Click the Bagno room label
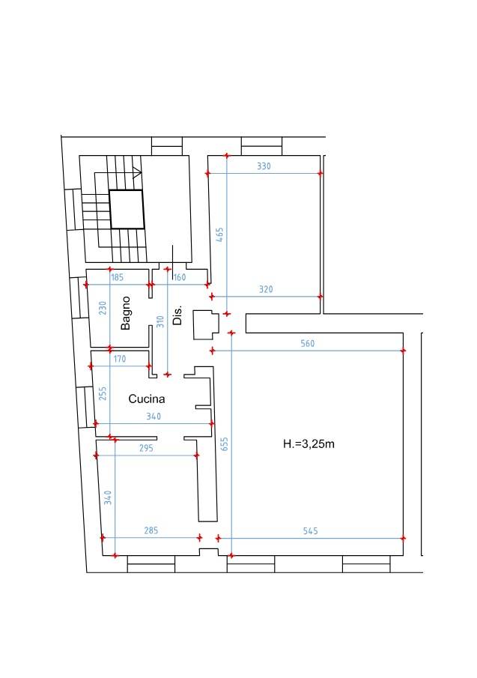click(x=125, y=313)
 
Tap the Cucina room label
click(x=147, y=399)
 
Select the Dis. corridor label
click(x=177, y=315)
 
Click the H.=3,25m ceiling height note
click(x=309, y=444)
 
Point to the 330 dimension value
click(x=264, y=166)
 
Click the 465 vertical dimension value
click(x=219, y=234)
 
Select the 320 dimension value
click(x=266, y=289)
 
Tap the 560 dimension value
click(x=308, y=344)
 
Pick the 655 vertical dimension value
click(x=224, y=444)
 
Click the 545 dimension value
click(x=310, y=531)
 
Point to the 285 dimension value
click(x=151, y=530)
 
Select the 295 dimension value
click(x=146, y=449)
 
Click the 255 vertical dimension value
click(x=103, y=393)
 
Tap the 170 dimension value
click(x=119, y=359)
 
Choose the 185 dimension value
click(x=117, y=278)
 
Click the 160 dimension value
click(x=179, y=278)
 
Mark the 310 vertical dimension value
click(x=160, y=321)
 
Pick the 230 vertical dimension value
click(x=103, y=308)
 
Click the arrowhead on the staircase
click(x=137, y=173)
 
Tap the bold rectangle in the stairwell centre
click(x=127, y=191)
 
